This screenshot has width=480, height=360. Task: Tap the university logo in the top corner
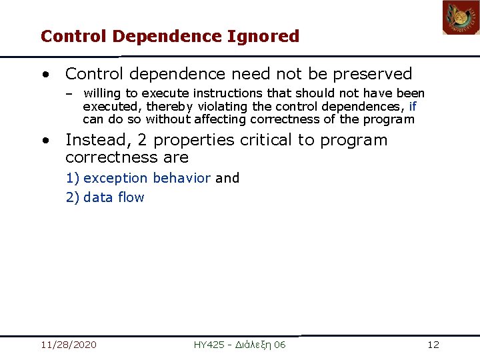coord(461,17)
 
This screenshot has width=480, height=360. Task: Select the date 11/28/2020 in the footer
coord(68,345)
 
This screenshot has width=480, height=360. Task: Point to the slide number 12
coord(433,345)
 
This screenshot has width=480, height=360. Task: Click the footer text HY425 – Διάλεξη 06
coord(239,345)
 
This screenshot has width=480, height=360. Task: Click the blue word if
coord(413,107)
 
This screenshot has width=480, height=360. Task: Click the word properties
coord(193,140)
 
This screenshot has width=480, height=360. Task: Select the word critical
coord(267,140)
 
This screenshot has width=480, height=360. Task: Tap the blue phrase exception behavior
coord(147,178)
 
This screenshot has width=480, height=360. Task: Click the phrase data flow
coord(113,197)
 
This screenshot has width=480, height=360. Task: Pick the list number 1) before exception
coord(73,178)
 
